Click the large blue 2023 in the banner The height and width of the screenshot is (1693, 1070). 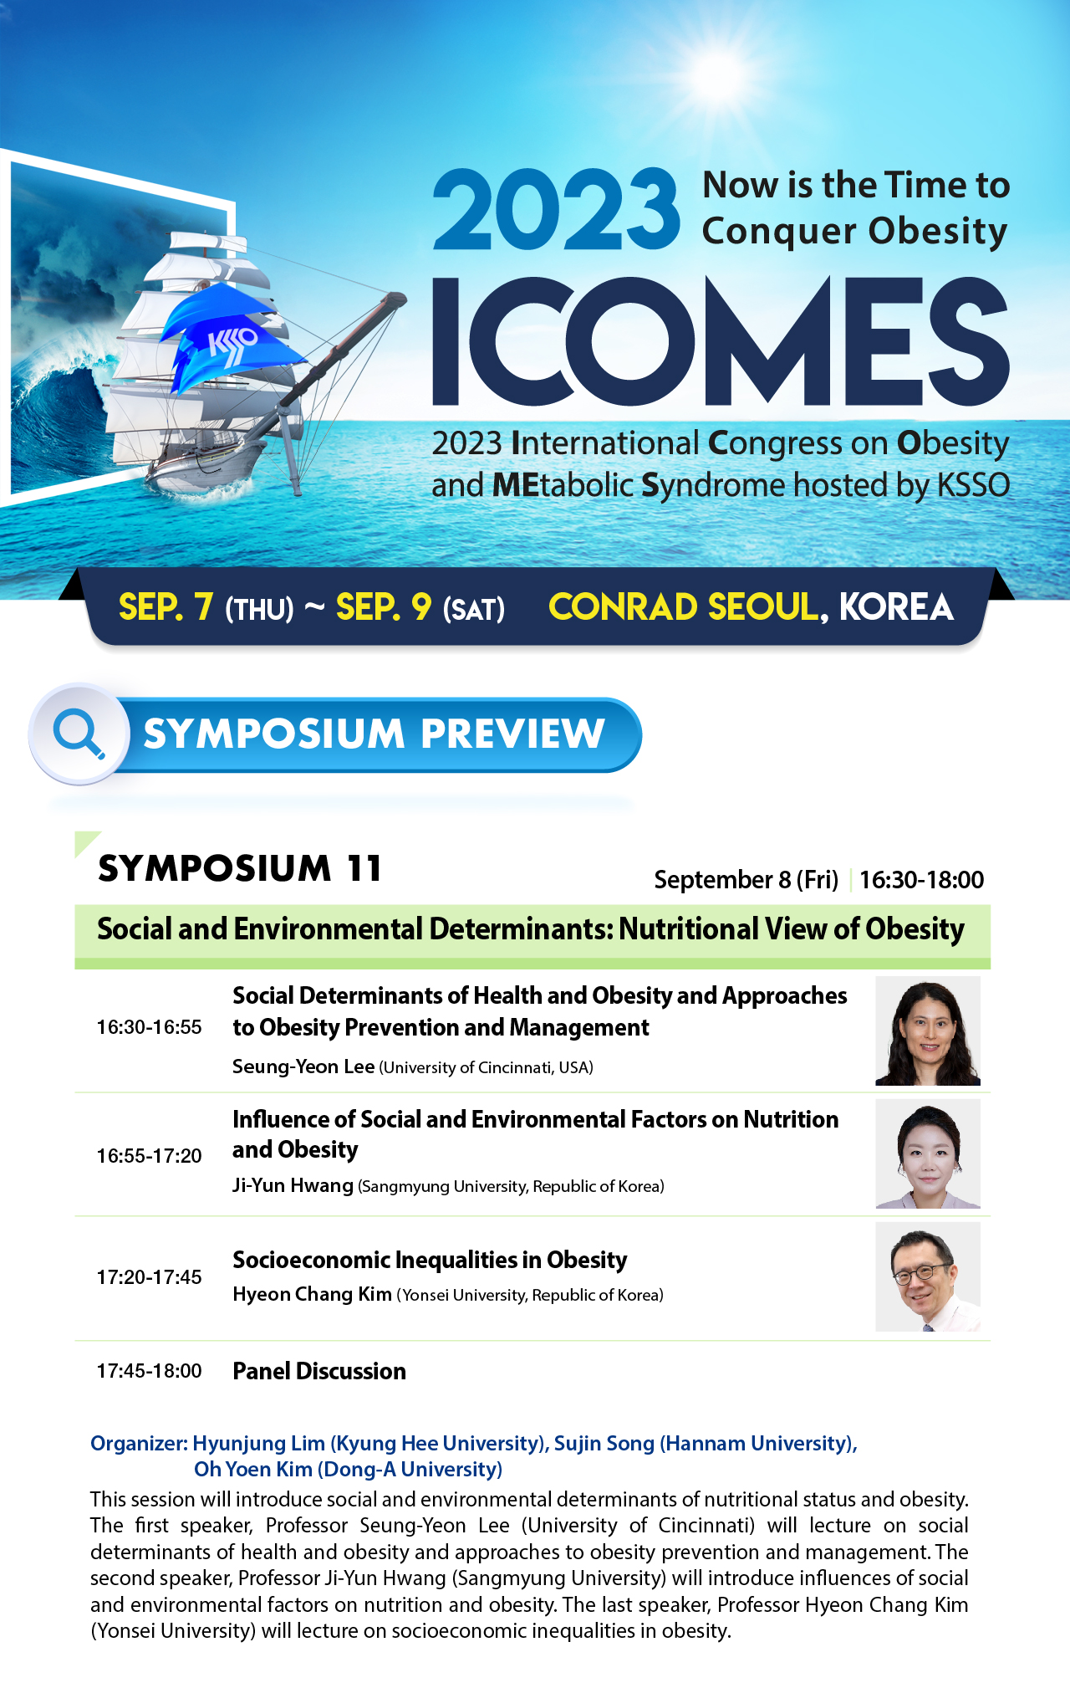[556, 209]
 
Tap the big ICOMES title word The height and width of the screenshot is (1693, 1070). [721, 341]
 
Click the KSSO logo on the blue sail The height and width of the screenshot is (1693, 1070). [232, 342]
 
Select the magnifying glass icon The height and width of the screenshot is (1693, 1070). [79, 734]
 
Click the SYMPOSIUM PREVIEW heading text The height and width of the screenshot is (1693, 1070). [374, 734]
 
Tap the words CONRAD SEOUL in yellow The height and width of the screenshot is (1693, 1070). [683, 607]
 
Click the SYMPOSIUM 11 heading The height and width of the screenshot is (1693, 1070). [240, 868]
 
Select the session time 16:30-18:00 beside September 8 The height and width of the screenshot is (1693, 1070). [921, 880]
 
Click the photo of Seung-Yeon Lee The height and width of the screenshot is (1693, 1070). [928, 1031]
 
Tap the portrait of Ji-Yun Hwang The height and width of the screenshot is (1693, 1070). [928, 1153]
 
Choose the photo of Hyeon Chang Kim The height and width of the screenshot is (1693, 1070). [928, 1276]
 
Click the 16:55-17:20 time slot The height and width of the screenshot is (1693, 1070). [149, 1156]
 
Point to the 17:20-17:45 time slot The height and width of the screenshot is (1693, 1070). [149, 1277]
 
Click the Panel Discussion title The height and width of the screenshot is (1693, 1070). [319, 1371]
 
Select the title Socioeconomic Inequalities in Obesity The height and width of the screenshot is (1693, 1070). [430, 1260]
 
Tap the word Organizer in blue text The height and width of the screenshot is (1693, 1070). [139, 1443]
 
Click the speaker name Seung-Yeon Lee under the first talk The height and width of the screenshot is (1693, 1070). [303, 1066]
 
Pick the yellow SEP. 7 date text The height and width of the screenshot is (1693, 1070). [166, 607]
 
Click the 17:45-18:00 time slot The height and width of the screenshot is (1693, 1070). [149, 1371]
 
